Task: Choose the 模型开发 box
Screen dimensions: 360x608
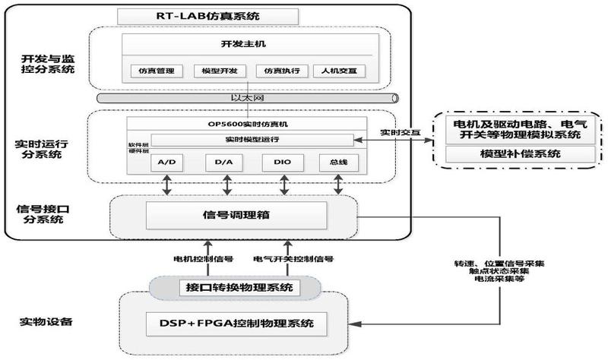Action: tap(211, 71)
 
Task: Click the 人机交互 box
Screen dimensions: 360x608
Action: tap(339, 71)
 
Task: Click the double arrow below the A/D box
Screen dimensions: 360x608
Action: tap(168, 184)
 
